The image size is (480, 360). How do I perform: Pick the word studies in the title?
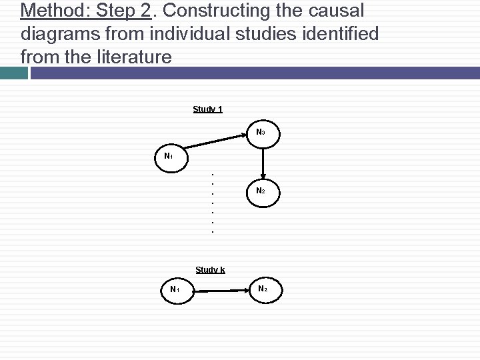[x=281, y=34]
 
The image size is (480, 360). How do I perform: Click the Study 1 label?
[x=207, y=109]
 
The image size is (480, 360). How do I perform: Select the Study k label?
[x=210, y=270]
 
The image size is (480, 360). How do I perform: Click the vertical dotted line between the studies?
[x=212, y=203]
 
